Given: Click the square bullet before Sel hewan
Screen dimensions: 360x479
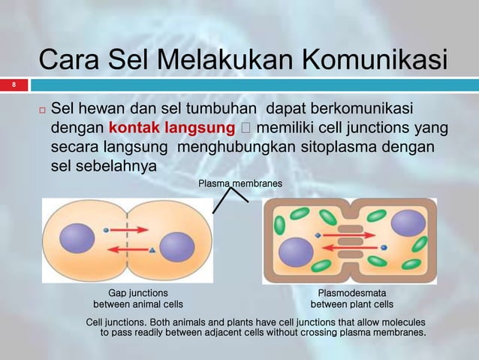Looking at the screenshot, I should [x=43, y=110].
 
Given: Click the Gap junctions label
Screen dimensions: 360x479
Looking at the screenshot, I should [x=138, y=292].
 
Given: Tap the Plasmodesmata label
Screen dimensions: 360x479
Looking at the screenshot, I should [x=352, y=292].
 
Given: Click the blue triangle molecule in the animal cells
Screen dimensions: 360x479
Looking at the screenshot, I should [x=152, y=250].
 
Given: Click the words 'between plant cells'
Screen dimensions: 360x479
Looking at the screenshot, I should [x=352, y=304].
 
